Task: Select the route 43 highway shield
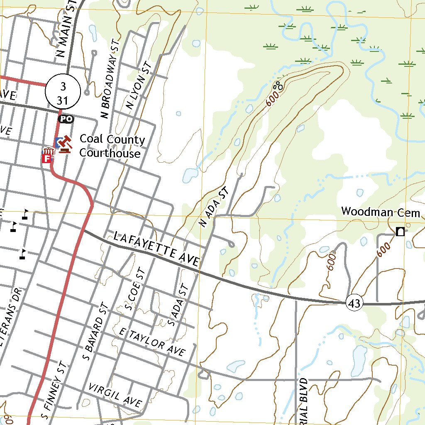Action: (354, 303)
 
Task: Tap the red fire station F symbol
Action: (47, 158)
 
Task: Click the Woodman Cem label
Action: (381, 212)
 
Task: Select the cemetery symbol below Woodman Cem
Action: (400, 232)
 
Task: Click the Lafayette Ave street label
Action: (156, 249)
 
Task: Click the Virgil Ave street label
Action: (115, 395)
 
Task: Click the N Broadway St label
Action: (110, 79)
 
